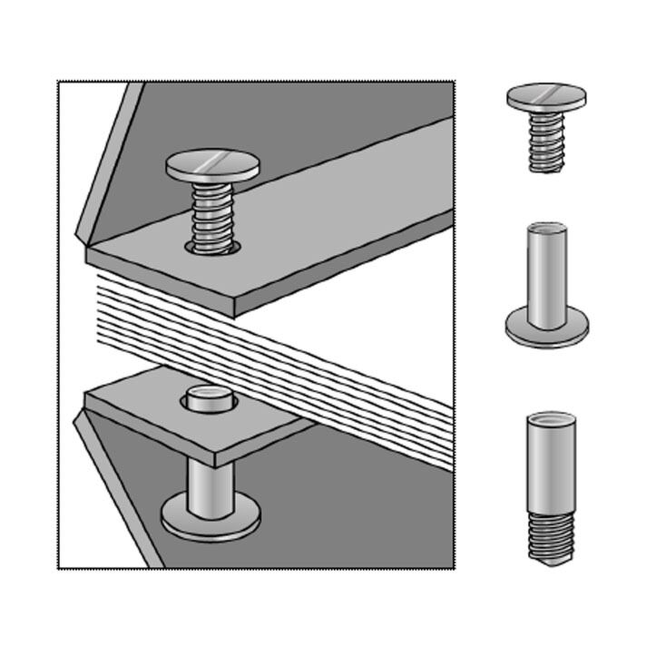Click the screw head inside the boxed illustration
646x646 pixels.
[212, 166]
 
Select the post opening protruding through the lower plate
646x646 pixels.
[210, 398]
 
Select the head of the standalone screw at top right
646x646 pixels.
[546, 97]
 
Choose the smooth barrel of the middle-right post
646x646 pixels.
[546, 277]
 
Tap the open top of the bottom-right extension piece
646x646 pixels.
[550, 418]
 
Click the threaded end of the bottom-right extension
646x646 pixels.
[550, 535]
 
